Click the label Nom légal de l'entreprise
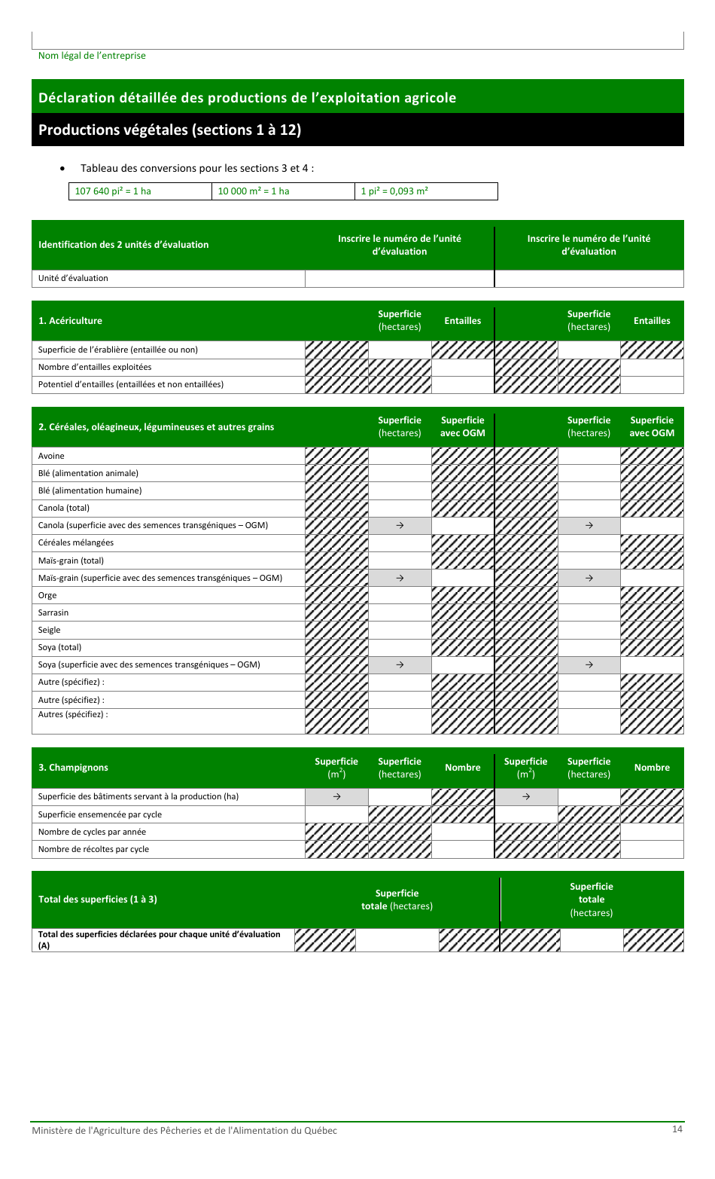click(x=92, y=56)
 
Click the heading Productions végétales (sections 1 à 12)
click(x=169, y=130)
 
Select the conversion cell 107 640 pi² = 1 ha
click(x=113, y=191)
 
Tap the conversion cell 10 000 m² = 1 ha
click(x=254, y=191)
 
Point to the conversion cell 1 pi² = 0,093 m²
click(x=394, y=191)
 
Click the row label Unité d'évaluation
click(x=73, y=278)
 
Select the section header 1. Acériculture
click(x=70, y=321)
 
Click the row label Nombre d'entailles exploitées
click(x=95, y=367)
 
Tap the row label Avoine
click(x=51, y=456)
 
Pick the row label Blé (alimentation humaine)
click(x=90, y=490)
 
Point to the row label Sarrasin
click(x=53, y=612)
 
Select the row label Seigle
click(x=50, y=630)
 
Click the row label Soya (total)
click(x=59, y=647)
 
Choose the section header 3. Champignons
click(x=73, y=768)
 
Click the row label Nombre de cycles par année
click(x=92, y=832)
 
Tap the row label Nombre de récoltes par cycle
click(x=93, y=849)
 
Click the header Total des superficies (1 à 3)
click(x=98, y=900)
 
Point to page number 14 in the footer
click(x=677, y=1129)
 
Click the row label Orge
click(x=47, y=595)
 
